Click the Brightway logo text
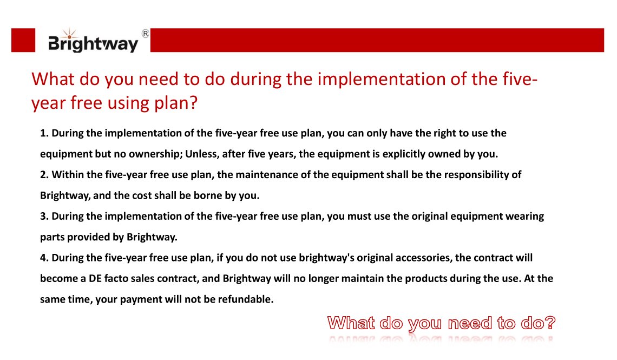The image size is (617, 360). pyautogui.click(x=93, y=43)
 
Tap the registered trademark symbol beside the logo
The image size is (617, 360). pyautogui.click(x=145, y=34)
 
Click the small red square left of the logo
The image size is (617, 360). pyautogui.click(x=23, y=41)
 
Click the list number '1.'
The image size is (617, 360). pyautogui.click(x=44, y=133)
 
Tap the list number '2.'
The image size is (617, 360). pyautogui.click(x=44, y=175)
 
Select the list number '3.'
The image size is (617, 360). pyautogui.click(x=44, y=217)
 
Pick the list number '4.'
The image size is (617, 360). pyautogui.click(x=44, y=258)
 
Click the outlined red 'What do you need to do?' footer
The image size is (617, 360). pyautogui.click(x=441, y=324)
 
